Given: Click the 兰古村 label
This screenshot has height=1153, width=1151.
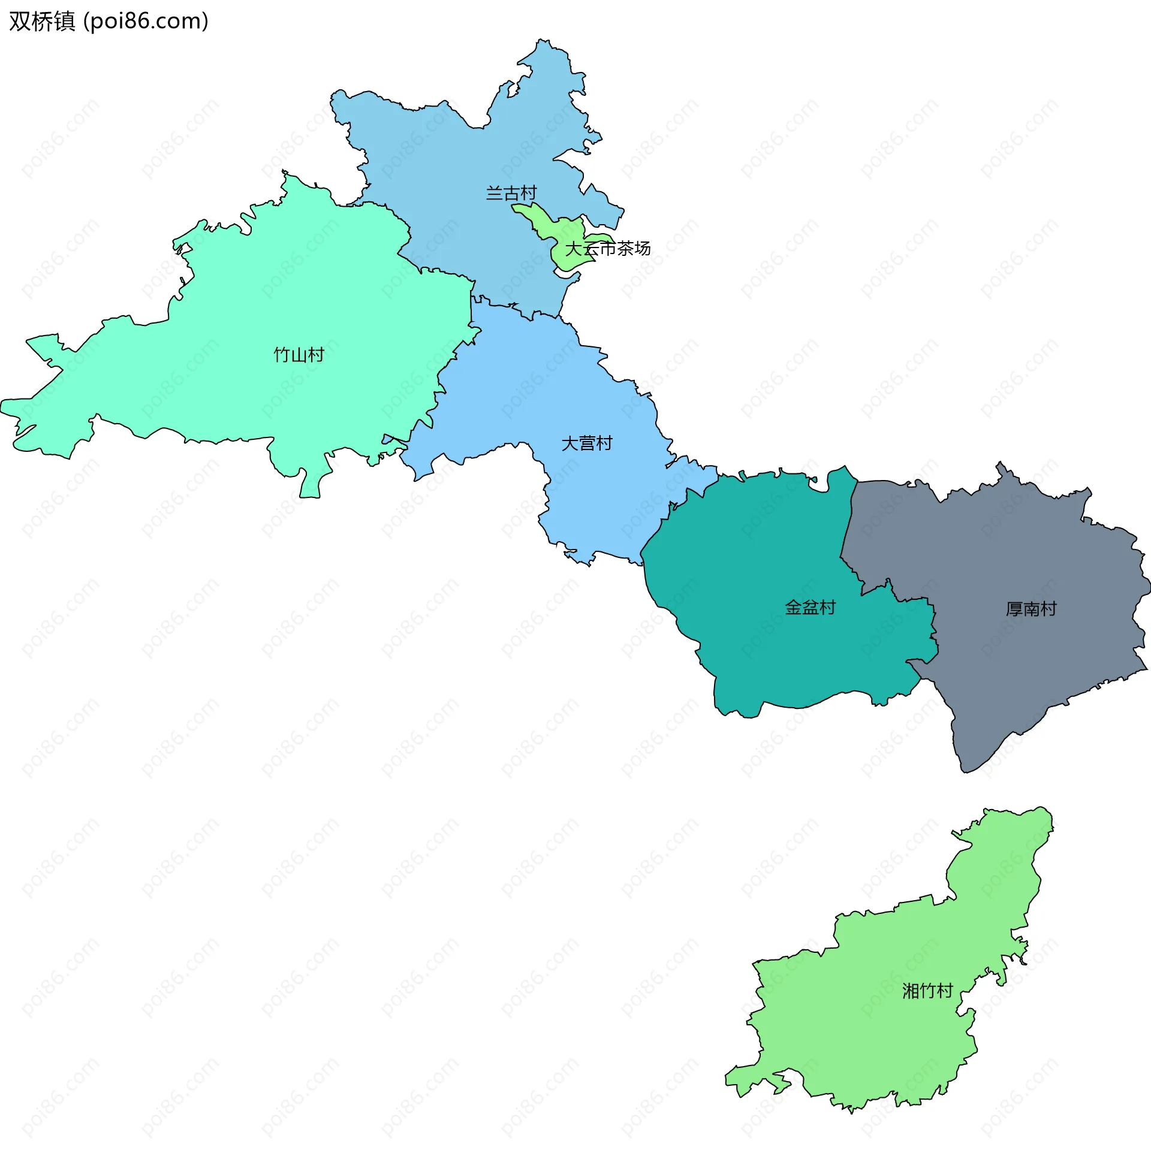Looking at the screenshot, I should [x=511, y=194].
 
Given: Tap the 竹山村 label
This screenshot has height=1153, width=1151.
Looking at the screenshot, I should [x=299, y=355].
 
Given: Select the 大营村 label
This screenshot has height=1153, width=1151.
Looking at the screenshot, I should [x=586, y=443].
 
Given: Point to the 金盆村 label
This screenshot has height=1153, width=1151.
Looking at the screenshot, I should [x=810, y=608].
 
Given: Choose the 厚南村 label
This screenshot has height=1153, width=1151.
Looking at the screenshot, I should [x=1031, y=609].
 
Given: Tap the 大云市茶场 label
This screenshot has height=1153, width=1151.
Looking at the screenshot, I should [x=608, y=248].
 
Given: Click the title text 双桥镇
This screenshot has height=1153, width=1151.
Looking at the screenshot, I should [x=42, y=22].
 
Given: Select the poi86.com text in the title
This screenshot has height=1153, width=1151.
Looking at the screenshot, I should [x=146, y=22].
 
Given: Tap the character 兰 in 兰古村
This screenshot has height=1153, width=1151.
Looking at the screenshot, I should [x=494, y=194].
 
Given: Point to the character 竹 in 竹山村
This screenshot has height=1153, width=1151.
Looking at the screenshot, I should [x=282, y=355].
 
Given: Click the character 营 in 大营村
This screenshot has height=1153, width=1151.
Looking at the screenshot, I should [x=587, y=443].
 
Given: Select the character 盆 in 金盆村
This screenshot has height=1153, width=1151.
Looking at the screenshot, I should [x=810, y=608].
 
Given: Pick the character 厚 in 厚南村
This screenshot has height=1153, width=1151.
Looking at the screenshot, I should [x=1014, y=609].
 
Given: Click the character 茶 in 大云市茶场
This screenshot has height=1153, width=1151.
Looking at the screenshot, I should [x=625, y=248].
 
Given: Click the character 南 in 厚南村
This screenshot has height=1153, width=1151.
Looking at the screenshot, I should [x=1031, y=609].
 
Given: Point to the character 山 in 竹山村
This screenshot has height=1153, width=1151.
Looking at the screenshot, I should [x=299, y=355].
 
